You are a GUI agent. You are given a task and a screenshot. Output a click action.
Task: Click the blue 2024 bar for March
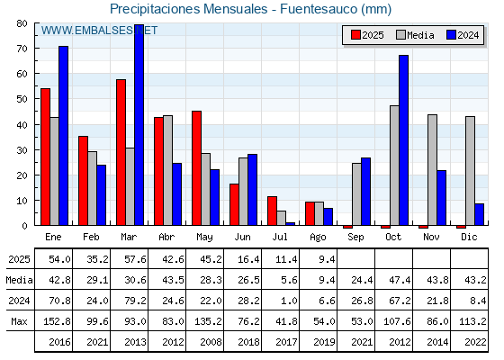(139, 125)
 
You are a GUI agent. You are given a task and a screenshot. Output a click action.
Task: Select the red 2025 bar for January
(45, 157)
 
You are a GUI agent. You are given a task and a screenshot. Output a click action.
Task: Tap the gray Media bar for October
(394, 166)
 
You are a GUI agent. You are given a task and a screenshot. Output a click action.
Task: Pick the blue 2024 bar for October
(404, 140)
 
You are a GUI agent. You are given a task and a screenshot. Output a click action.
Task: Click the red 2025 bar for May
(197, 168)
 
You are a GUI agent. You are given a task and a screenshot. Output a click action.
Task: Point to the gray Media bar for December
(470, 171)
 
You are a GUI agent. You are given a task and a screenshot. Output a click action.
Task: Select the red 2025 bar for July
(272, 211)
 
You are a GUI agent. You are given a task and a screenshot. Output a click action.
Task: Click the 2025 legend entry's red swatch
(355, 35)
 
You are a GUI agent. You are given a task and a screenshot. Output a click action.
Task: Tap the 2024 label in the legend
(468, 35)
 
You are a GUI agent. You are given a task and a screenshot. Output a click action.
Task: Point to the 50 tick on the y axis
(22, 99)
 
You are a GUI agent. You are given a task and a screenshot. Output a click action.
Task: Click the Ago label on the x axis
(319, 238)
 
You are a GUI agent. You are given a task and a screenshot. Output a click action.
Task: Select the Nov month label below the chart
(431, 237)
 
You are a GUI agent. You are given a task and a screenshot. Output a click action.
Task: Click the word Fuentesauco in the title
(319, 9)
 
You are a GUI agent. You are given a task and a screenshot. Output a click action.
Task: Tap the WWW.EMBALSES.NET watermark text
(99, 31)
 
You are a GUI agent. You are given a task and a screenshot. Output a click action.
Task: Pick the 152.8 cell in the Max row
(57, 321)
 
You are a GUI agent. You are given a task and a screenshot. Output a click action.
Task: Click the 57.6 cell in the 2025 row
(135, 259)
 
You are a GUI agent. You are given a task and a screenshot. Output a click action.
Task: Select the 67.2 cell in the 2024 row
(400, 301)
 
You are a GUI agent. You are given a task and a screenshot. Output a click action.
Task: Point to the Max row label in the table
(19, 321)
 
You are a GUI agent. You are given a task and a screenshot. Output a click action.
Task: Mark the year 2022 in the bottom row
(475, 342)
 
